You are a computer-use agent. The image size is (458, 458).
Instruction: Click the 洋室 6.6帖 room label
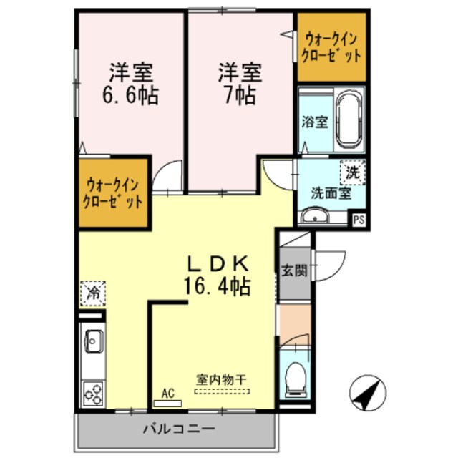(x=132, y=84)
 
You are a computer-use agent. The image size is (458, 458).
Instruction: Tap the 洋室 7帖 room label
(x=240, y=84)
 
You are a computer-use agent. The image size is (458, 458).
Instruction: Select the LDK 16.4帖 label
(x=218, y=276)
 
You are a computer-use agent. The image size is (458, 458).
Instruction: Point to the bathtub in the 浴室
(x=350, y=118)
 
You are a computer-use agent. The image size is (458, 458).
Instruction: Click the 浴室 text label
(x=314, y=122)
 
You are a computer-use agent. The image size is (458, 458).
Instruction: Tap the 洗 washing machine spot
(x=352, y=172)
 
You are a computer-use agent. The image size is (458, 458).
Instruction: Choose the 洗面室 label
(x=330, y=192)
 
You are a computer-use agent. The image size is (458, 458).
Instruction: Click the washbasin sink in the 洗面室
(x=313, y=217)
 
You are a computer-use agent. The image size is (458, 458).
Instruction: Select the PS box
(x=358, y=220)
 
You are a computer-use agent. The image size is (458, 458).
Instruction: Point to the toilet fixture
(x=295, y=379)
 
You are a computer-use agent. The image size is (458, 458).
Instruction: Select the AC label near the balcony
(x=168, y=394)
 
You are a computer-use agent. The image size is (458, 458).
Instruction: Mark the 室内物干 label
(x=222, y=380)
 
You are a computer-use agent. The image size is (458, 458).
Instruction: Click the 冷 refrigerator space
(x=92, y=291)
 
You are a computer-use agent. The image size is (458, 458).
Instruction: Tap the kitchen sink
(x=92, y=341)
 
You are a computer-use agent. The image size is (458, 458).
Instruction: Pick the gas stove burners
(x=93, y=393)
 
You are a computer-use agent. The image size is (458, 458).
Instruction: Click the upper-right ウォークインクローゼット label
(x=332, y=47)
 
